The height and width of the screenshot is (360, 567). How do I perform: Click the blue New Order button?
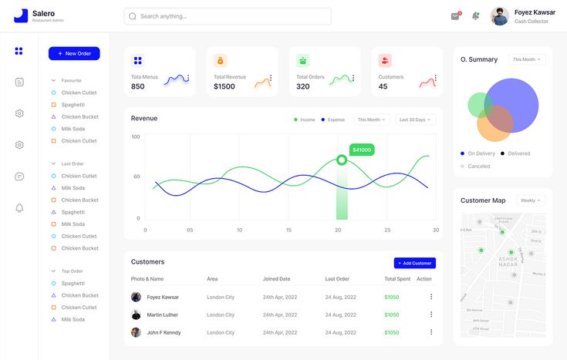tap(74, 53)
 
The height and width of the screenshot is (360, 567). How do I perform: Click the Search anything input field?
tap(228, 16)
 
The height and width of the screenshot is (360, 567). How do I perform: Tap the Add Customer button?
tap(415, 263)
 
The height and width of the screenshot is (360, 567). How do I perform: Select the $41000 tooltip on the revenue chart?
tap(361, 150)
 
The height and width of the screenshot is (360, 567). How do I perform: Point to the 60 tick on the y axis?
tap(137, 177)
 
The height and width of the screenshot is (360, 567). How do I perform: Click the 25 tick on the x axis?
tap(387, 230)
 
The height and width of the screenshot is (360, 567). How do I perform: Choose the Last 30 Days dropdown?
tap(416, 119)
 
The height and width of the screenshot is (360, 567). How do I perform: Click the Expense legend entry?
tap(333, 119)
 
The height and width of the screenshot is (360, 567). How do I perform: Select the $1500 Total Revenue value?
tap(224, 86)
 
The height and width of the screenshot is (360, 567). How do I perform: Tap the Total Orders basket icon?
tap(303, 60)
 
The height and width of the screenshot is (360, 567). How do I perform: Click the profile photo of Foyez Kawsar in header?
tap(500, 16)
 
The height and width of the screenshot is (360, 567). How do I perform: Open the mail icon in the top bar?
tap(455, 16)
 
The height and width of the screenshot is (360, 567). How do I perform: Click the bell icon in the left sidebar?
tap(19, 208)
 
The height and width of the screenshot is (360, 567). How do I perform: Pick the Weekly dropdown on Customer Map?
tap(530, 200)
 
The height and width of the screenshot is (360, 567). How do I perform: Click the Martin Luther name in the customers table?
tap(162, 315)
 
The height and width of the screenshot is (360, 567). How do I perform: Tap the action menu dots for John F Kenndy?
tap(431, 332)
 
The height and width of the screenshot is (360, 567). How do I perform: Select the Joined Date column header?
tap(276, 278)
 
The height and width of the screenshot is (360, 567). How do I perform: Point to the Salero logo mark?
tap(20, 15)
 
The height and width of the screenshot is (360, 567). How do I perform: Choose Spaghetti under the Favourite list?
tap(73, 105)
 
